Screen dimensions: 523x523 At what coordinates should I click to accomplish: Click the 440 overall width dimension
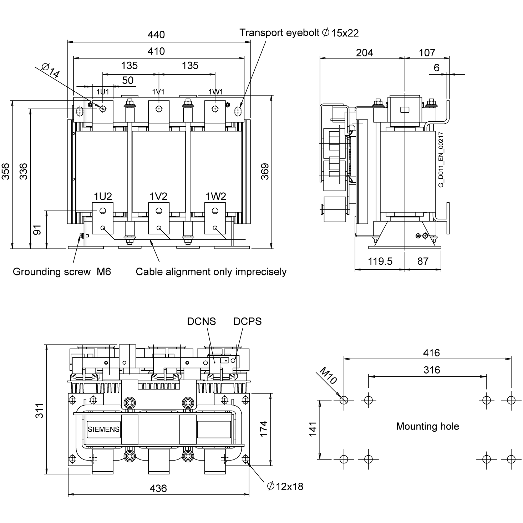click(156, 35)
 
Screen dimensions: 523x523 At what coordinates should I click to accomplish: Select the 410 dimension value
click(156, 51)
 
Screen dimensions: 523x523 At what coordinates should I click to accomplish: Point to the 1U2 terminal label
click(103, 196)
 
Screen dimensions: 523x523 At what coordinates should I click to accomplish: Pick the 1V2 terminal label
click(158, 196)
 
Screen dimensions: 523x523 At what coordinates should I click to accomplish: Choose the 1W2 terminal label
click(216, 196)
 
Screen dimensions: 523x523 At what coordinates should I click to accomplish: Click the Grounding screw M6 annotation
click(62, 272)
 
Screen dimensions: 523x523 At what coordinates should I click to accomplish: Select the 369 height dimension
click(265, 171)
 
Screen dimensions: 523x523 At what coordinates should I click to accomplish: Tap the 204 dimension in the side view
click(365, 53)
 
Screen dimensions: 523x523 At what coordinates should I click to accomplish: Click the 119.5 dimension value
click(380, 261)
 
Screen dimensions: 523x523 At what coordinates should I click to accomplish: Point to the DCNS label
click(202, 321)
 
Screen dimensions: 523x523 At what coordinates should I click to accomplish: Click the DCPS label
click(247, 321)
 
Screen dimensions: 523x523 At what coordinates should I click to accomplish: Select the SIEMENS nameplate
click(103, 430)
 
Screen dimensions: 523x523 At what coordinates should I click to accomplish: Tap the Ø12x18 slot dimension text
click(285, 486)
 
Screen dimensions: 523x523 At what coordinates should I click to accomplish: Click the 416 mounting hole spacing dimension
click(431, 353)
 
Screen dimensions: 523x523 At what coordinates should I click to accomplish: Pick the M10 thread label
click(327, 376)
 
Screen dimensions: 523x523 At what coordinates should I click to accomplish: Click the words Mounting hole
click(427, 426)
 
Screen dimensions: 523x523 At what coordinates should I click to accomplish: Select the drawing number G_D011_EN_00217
click(441, 160)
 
